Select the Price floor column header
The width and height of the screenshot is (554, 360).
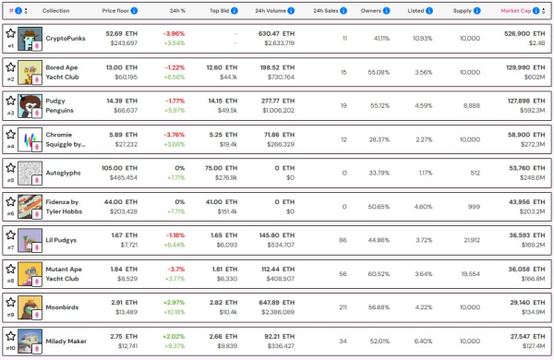[118, 10]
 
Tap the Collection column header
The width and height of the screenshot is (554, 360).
[55, 10]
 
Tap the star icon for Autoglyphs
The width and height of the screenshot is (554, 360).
[10, 168]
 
